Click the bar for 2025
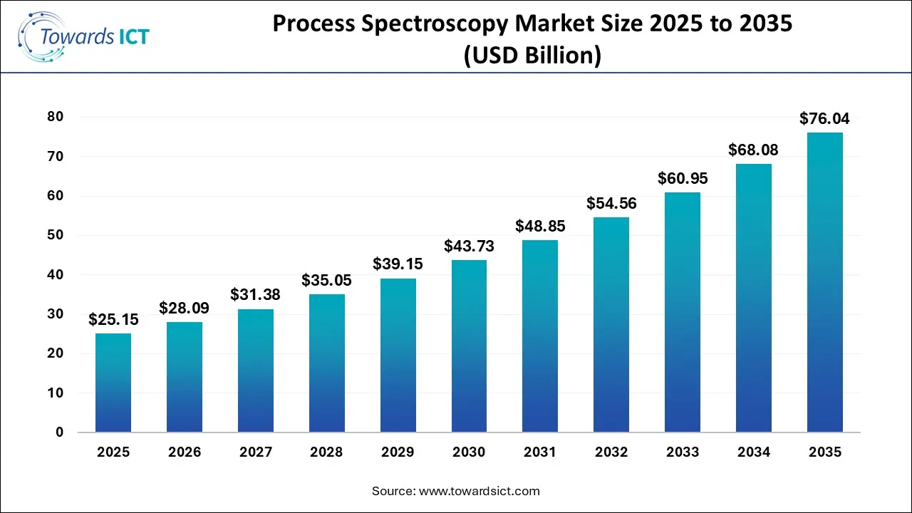[113, 383]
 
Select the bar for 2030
[469, 346]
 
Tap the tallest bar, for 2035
[824, 282]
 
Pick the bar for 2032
[611, 324]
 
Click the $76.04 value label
[824, 118]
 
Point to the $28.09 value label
[185, 308]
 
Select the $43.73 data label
[469, 246]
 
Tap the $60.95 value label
[683, 178]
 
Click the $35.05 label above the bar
[327, 280]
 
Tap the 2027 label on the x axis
[256, 452]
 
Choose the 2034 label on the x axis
[753, 452]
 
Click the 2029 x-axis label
[398, 452]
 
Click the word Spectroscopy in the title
[441, 24]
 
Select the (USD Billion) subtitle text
[532, 55]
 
